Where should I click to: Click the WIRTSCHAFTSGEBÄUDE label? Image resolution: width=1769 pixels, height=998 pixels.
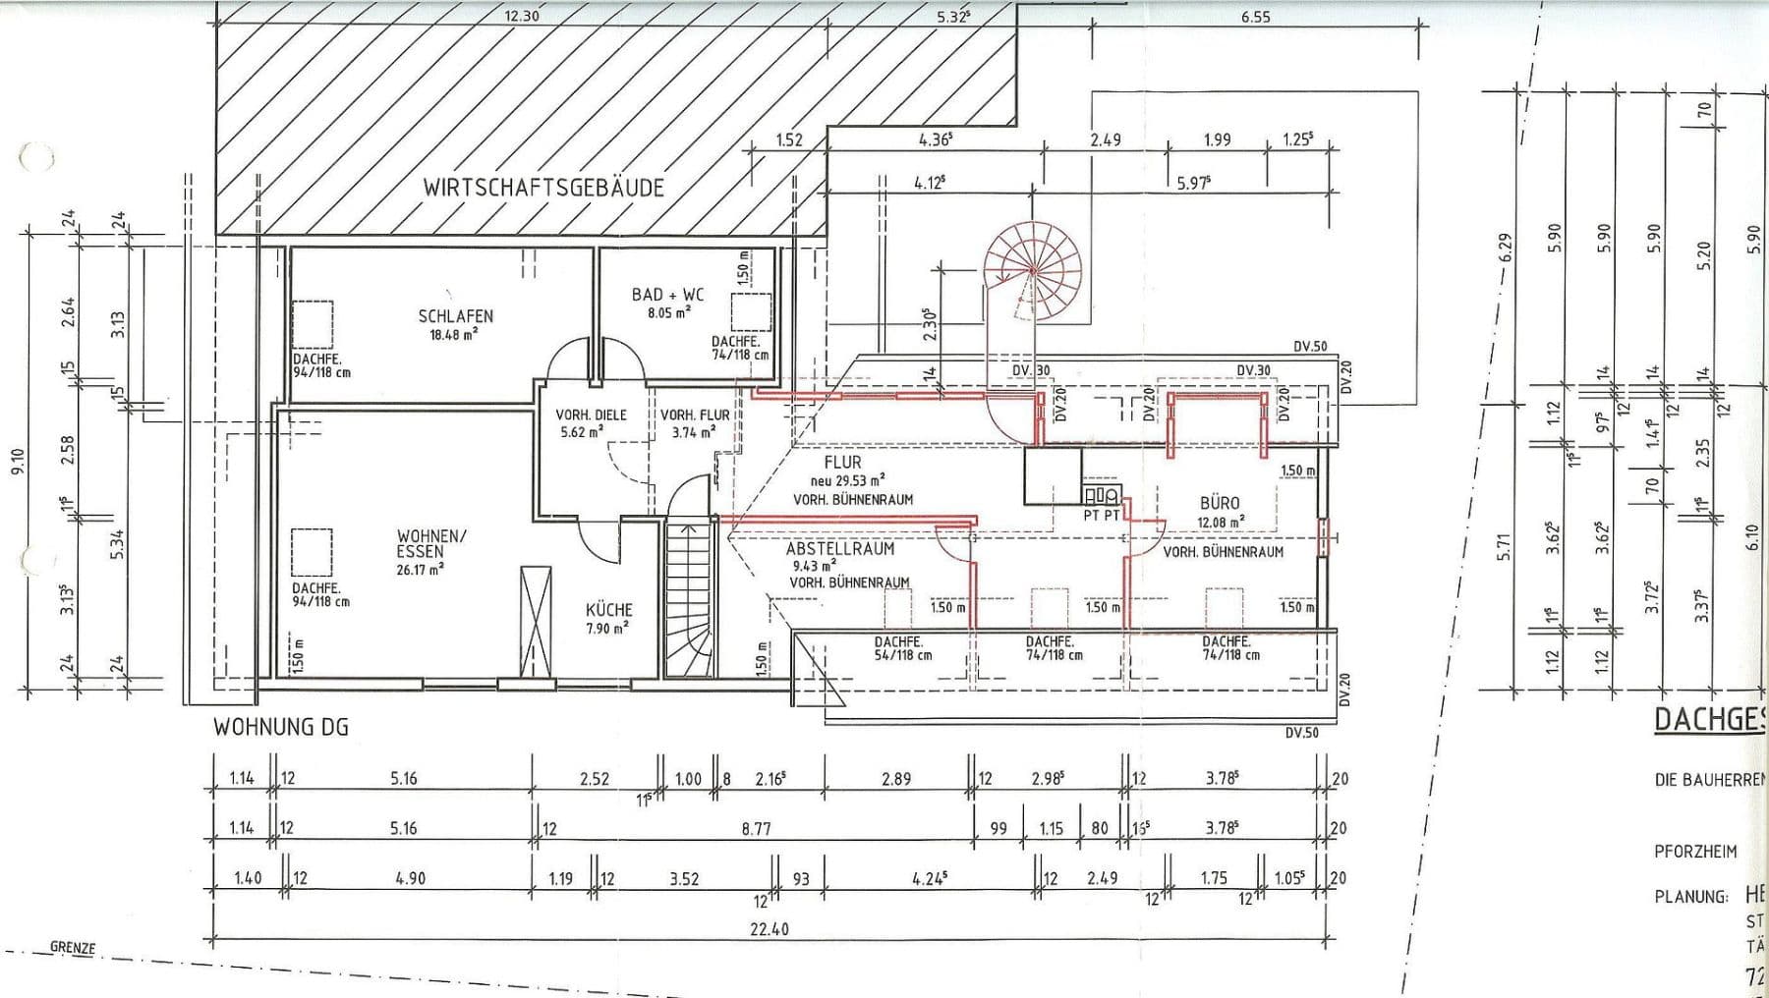(x=543, y=187)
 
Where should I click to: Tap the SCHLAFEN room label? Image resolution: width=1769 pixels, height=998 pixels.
(x=455, y=316)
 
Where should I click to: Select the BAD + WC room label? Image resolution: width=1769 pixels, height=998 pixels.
(x=667, y=295)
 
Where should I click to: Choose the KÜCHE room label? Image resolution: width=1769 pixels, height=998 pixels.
(x=609, y=610)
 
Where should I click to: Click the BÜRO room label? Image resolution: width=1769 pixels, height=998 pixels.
(x=1219, y=503)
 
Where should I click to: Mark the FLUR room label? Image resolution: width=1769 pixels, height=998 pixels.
(x=842, y=462)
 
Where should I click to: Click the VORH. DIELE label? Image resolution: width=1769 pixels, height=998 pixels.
(x=591, y=416)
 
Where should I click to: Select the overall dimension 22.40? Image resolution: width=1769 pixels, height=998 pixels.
(x=769, y=928)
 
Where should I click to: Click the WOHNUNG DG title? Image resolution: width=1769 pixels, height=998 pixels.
(x=281, y=728)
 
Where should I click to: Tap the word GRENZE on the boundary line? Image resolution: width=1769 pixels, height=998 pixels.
(x=73, y=948)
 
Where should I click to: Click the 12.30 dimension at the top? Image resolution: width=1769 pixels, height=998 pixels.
(x=523, y=16)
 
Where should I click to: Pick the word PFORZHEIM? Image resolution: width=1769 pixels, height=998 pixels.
(x=1695, y=852)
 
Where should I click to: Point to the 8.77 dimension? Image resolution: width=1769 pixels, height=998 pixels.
(x=756, y=829)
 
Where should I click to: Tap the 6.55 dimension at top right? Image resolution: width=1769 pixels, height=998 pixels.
(x=1255, y=16)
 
